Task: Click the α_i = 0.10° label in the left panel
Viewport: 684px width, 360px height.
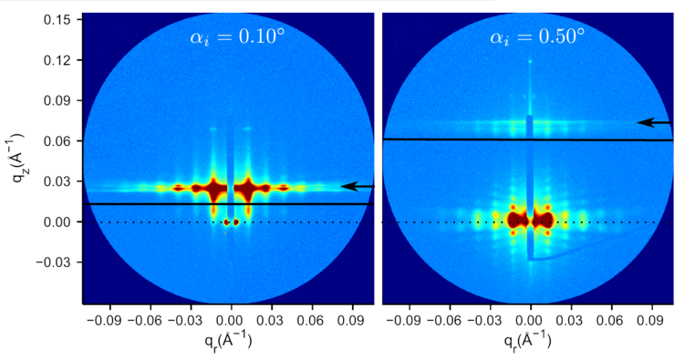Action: (x=229, y=38)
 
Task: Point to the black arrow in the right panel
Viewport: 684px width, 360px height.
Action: (x=654, y=122)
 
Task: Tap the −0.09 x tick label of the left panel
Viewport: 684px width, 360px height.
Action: (x=107, y=320)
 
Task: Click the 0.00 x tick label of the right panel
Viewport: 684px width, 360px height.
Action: (x=530, y=320)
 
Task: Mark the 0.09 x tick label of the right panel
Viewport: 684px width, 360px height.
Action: (x=650, y=320)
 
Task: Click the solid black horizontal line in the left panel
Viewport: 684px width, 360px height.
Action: (x=182, y=204)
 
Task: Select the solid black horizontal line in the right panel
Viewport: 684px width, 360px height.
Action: (x=474, y=139)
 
